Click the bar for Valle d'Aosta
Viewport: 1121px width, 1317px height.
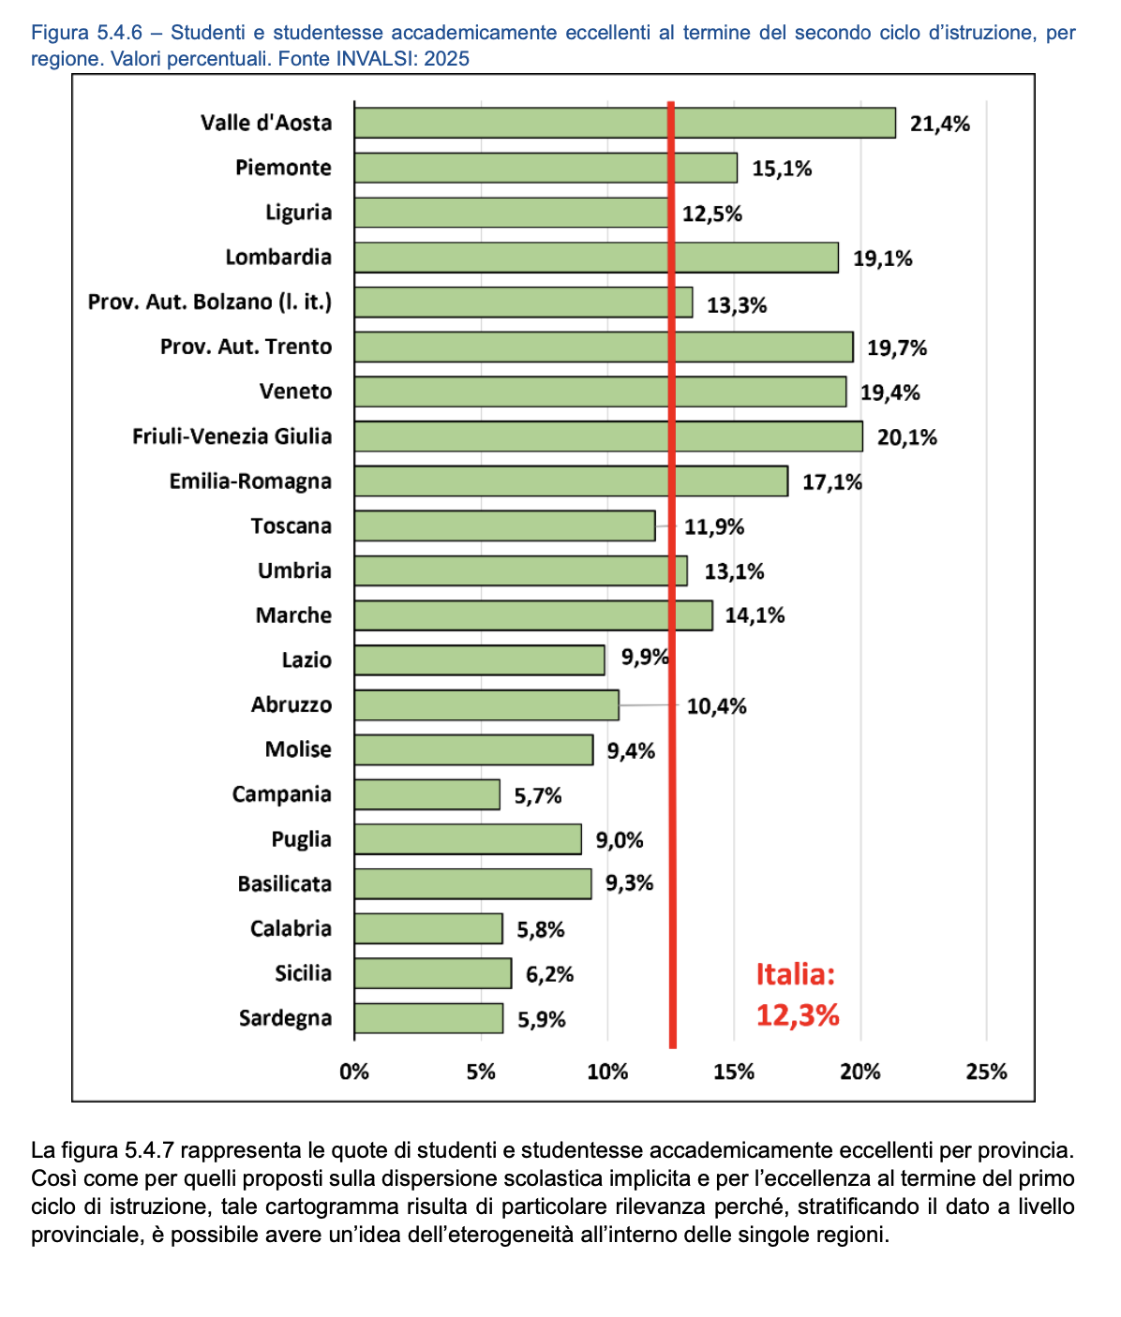click(625, 123)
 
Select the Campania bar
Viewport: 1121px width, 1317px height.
click(427, 794)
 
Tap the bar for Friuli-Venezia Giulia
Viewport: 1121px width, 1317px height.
click(608, 437)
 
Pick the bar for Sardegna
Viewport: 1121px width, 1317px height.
click(428, 1018)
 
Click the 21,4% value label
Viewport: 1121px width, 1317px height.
click(940, 124)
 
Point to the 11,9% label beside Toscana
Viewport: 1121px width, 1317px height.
click(714, 527)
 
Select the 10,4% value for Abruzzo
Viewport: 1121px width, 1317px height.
click(717, 706)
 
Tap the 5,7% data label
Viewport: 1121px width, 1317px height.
click(538, 796)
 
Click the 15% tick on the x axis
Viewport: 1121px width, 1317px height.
click(734, 1072)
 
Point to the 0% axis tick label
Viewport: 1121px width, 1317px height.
click(354, 1072)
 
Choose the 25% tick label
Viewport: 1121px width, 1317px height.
click(986, 1072)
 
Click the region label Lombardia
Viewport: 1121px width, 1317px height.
click(278, 257)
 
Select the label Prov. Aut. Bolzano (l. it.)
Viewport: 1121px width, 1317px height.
click(210, 302)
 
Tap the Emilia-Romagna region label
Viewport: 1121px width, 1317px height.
click(250, 481)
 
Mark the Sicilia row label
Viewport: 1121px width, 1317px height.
click(304, 973)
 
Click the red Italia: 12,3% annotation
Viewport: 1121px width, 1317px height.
click(797, 995)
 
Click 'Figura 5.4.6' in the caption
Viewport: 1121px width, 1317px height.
click(87, 32)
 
